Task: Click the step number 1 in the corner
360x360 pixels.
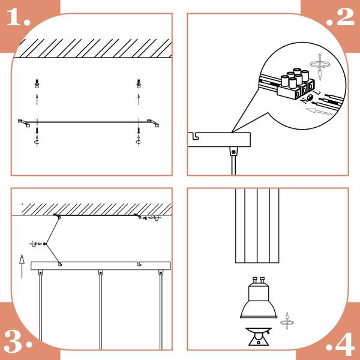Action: (x=19, y=17)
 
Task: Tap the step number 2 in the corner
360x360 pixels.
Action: (x=340, y=17)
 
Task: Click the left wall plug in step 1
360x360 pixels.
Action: (x=37, y=84)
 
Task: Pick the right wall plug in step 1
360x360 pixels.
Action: (x=139, y=84)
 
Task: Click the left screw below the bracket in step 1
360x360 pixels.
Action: (x=37, y=131)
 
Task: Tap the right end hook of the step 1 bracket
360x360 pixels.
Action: (x=153, y=123)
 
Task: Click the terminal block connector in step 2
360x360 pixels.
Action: (x=296, y=85)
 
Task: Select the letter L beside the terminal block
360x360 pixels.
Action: (x=318, y=92)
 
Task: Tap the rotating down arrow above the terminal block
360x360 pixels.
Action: (x=320, y=67)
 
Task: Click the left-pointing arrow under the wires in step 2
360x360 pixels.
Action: (x=319, y=112)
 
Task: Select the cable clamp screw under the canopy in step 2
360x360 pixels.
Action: (x=233, y=152)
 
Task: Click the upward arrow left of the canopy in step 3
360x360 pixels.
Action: (x=22, y=266)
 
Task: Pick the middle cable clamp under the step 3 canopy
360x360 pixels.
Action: (x=101, y=273)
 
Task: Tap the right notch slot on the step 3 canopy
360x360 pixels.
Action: (x=140, y=264)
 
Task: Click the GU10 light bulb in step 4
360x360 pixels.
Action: (x=259, y=298)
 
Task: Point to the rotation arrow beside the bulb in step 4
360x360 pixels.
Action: (x=287, y=321)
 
